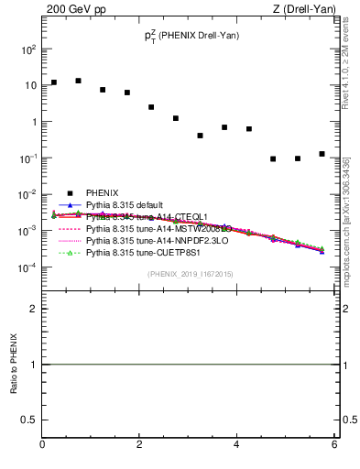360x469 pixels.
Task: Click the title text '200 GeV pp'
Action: [74, 9]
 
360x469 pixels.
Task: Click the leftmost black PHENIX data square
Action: [54, 82]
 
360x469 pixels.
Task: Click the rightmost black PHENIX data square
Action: [322, 154]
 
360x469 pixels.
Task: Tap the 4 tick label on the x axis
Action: [236, 445]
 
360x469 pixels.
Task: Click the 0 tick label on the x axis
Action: [42, 445]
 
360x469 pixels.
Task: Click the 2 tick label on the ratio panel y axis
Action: [32, 309]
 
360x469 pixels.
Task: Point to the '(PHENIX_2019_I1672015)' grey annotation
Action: [190, 274]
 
